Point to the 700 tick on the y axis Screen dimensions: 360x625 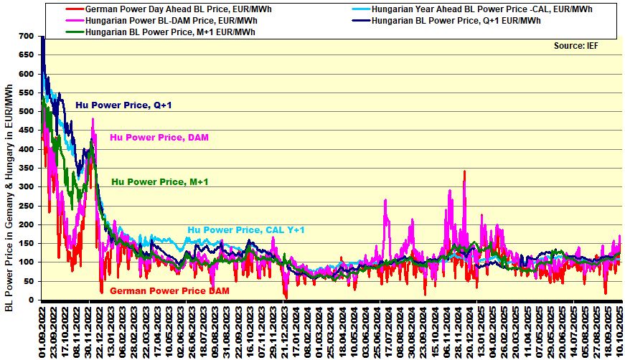(x=27, y=36)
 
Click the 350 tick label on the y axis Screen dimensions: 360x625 (x=27, y=168)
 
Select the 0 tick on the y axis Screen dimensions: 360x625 (x=32, y=300)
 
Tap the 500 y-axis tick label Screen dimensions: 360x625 (x=27, y=111)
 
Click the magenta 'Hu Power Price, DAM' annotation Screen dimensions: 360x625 (x=159, y=137)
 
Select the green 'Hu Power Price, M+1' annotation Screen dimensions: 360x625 (x=160, y=182)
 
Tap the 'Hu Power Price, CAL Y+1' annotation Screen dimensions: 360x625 (x=247, y=230)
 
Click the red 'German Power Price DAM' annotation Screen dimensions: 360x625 (x=165, y=291)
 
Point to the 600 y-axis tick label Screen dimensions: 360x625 (x=27, y=74)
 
